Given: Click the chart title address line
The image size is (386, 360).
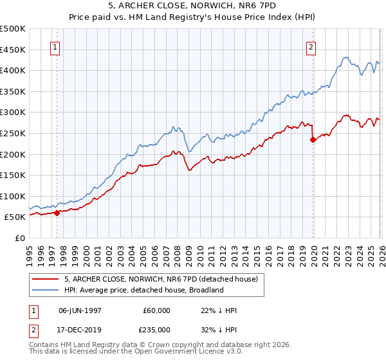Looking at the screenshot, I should tap(192, 5).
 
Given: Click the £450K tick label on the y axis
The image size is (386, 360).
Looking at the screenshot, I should tap(13, 50).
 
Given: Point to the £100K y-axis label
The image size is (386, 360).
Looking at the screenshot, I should tap(13, 196).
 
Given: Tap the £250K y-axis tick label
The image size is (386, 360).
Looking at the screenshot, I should tap(13, 133).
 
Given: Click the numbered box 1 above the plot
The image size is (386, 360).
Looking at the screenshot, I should tap(55, 46).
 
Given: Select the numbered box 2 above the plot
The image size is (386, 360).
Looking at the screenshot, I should tap(311, 46).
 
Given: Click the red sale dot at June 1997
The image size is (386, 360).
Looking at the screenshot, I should tap(57, 213).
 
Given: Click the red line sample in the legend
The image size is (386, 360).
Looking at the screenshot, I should tap(46, 279).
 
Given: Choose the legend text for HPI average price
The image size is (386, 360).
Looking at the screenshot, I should tap(143, 290).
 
